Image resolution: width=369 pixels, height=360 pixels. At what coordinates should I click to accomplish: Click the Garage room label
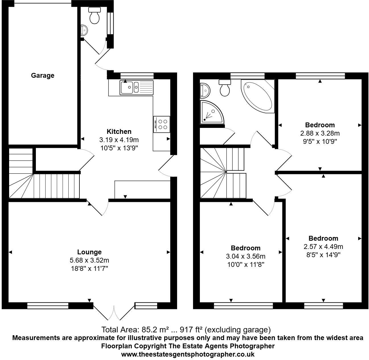42,75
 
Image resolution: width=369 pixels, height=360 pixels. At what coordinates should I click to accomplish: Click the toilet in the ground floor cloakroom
95,16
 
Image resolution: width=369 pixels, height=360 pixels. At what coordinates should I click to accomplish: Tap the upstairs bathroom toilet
225,88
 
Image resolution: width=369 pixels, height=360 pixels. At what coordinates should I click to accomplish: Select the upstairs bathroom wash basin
205,90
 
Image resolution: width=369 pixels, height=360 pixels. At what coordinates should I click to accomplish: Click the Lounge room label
89,252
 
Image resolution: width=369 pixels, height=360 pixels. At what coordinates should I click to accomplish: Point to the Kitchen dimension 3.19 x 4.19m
119,140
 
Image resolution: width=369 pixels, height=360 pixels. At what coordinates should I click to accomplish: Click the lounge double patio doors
114,313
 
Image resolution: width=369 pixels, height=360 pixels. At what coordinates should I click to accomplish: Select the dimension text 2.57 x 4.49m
323,246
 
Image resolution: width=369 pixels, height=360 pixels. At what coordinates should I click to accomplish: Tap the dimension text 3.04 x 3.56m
245,256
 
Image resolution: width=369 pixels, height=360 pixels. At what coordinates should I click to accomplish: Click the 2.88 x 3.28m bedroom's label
320,125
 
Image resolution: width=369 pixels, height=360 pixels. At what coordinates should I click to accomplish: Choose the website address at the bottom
188,355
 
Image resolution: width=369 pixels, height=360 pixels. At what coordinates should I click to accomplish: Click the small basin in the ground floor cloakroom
84,30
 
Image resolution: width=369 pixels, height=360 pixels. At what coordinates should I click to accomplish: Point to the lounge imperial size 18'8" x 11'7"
89,268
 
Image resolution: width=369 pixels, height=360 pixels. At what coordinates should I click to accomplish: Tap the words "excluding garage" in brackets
238,330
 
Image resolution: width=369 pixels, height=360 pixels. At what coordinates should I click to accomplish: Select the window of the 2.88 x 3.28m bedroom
320,76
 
